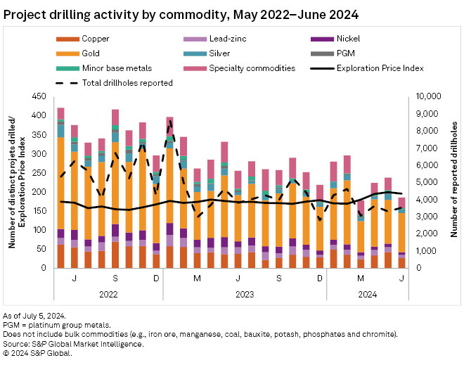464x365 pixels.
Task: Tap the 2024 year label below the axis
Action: coord(366,295)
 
